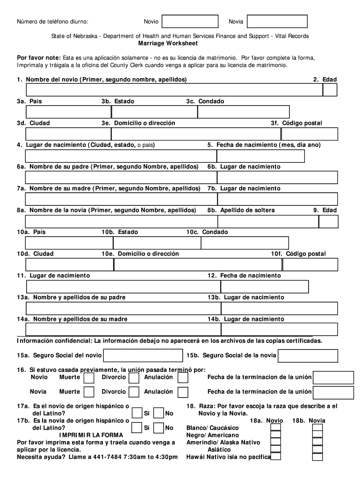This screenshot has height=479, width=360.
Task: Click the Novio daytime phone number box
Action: (x=190, y=22)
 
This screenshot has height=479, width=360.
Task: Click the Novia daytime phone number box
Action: (x=277, y=22)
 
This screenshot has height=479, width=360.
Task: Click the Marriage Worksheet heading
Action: (x=168, y=44)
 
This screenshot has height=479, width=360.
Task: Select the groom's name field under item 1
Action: (x=174, y=90)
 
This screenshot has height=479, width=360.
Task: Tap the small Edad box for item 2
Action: (x=330, y=90)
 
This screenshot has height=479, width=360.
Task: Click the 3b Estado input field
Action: (x=154, y=112)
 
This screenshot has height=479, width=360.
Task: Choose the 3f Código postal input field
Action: (x=309, y=134)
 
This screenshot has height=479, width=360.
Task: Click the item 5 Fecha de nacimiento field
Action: (x=260, y=156)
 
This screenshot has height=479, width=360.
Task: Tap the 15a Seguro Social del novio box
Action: (x=142, y=356)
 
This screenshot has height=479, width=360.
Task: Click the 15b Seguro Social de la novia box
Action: (x=308, y=356)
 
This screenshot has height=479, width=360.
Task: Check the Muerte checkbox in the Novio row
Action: (x=89, y=377)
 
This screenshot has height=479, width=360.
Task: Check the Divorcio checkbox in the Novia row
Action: (x=134, y=392)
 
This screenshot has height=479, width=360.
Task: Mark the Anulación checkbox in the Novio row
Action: (x=183, y=377)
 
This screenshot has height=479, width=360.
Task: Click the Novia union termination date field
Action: (x=333, y=392)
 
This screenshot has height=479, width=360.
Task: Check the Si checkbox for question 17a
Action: (x=137, y=414)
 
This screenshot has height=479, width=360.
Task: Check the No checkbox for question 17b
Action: (x=159, y=428)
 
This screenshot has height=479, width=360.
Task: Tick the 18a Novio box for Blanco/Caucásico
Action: (x=276, y=427)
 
